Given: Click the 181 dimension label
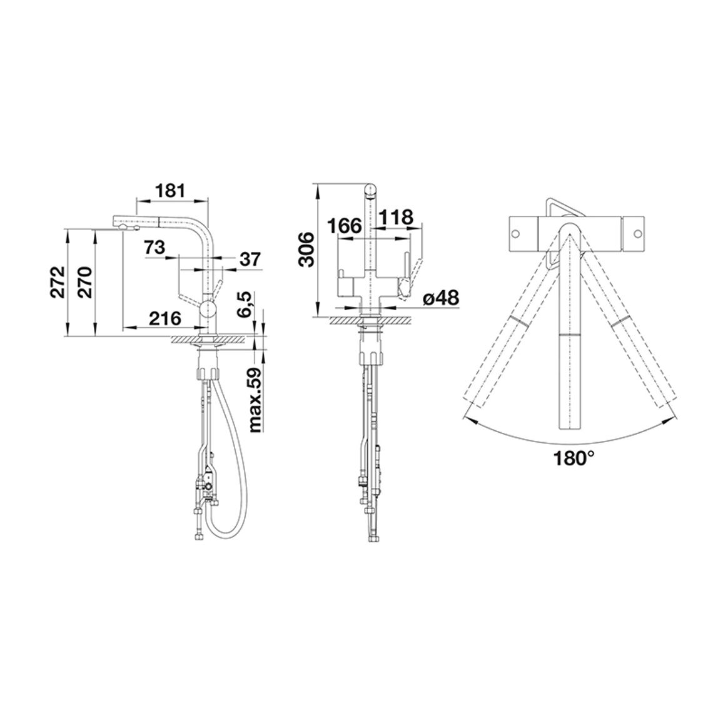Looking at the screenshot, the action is pyautogui.click(x=171, y=190).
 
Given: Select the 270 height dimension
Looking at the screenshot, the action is pyautogui.click(x=87, y=281).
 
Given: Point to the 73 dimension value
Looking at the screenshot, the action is pyautogui.click(x=154, y=248).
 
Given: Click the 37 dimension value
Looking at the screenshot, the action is pyautogui.click(x=250, y=259).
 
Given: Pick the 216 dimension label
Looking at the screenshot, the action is pyautogui.click(x=164, y=318).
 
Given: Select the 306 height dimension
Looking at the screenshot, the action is pyautogui.click(x=306, y=250).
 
